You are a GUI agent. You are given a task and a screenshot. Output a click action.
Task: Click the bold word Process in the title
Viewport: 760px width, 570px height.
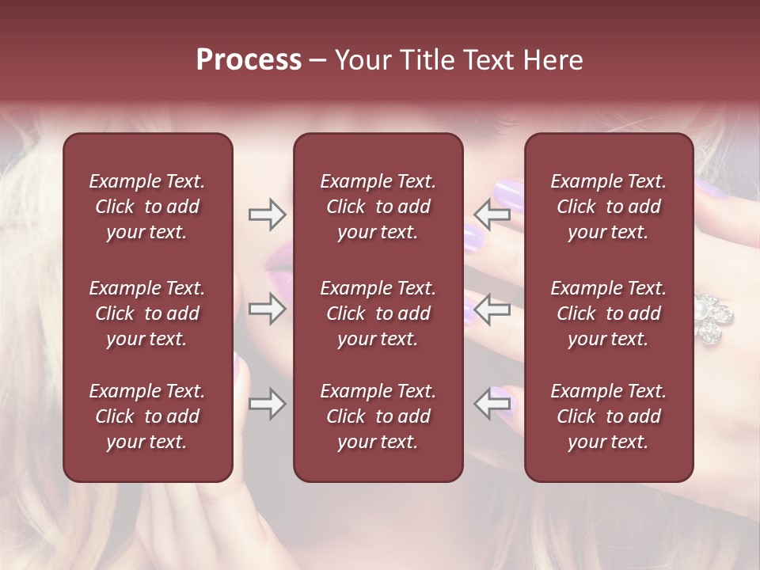(249, 60)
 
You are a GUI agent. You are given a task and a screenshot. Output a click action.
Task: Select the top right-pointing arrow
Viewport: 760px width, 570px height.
(267, 215)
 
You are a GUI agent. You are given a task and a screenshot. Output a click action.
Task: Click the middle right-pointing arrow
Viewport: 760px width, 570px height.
(267, 309)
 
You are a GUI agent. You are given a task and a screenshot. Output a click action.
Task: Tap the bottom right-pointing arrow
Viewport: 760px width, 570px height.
(267, 405)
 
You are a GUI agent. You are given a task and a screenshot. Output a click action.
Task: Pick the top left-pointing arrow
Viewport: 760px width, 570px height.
(492, 215)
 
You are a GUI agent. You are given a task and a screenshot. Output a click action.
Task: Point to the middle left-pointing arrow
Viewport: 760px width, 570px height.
(492, 309)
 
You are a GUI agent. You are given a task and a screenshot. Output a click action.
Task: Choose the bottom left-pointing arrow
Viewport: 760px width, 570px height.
(492, 405)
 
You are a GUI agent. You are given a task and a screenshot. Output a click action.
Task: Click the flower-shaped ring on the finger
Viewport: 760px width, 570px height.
(712, 317)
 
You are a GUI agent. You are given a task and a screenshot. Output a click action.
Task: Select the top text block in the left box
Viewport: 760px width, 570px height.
(147, 207)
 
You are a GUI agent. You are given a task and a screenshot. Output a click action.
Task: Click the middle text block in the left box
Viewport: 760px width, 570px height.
(147, 313)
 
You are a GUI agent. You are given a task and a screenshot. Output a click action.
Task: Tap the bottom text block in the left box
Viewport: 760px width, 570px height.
(147, 416)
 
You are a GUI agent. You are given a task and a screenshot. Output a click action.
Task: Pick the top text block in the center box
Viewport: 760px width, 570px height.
(378, 207)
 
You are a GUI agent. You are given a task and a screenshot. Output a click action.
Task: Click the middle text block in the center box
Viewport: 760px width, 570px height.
(378, 313)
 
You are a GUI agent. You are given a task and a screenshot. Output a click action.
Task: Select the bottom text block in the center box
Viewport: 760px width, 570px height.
(378, 416)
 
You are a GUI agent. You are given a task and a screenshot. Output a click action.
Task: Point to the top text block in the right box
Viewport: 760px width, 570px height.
(609, 207)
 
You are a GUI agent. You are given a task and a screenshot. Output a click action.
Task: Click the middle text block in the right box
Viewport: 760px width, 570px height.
(609, 313)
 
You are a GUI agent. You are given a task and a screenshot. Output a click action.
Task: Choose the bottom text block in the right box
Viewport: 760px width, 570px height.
(609, 416)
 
